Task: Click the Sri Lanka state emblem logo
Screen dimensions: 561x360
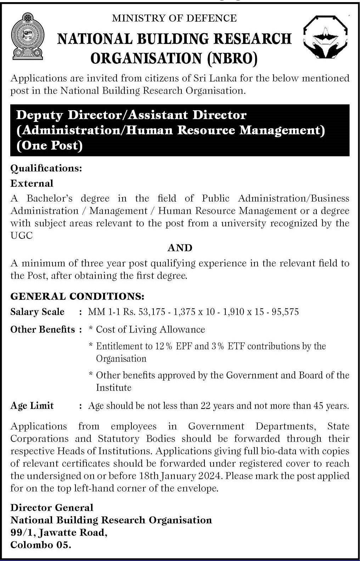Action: pos(27,37)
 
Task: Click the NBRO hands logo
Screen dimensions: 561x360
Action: pos(326,37)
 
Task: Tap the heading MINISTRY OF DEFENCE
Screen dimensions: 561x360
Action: pos(174,18)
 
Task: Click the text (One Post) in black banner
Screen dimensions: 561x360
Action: pos(50,146)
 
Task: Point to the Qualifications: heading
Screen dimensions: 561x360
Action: pos(46,168)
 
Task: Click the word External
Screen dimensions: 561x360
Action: pos(32,183)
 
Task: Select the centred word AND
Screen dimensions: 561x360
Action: pos(180,248)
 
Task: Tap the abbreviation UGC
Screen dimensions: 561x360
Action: pos(21,236)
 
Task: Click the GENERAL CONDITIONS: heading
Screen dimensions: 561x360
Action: pos(77,296)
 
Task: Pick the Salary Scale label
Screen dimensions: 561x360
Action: pos(37,312)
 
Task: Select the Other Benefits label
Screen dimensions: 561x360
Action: pos(43,330)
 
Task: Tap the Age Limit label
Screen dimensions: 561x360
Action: pos(32,406)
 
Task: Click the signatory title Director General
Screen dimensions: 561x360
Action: pos(52,507)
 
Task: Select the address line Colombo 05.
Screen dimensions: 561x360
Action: pos(41,545)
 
